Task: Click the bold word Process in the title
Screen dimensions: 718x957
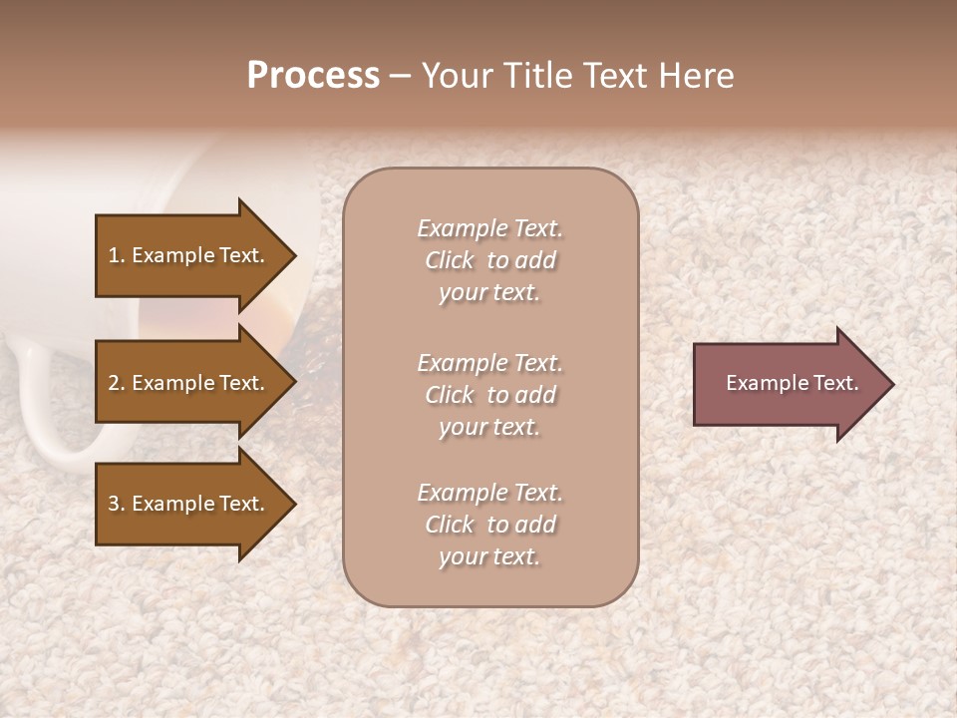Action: [313, 76]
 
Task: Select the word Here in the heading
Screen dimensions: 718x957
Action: [695, 76]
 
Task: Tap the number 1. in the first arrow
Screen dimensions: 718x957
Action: [117, 255]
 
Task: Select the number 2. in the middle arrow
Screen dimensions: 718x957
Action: [117, 383]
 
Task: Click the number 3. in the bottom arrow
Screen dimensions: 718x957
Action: [117, 504]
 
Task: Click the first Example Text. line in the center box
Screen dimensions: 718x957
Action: [489, 228]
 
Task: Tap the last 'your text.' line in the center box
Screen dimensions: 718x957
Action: [489, 556]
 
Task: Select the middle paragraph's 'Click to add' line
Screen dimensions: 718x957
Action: [489, 395]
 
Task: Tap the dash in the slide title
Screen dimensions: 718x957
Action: [400, 76]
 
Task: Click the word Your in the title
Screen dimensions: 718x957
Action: [454, 76]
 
